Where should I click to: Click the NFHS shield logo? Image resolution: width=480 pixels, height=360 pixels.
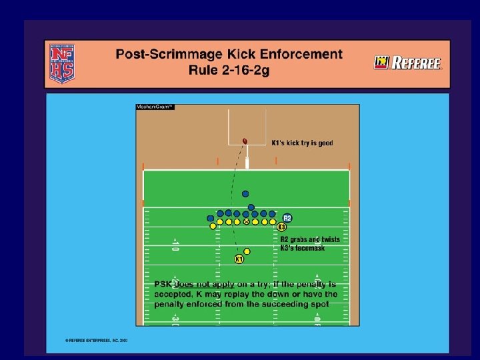[61, 63]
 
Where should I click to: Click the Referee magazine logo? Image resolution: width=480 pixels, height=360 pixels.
[407, 63]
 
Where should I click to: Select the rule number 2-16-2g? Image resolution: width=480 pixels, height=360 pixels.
[249, 71]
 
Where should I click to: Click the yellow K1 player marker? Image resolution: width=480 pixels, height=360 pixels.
[239, 258]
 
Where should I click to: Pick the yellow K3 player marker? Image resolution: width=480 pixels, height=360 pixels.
[282, 227]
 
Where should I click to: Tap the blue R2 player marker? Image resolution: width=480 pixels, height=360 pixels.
[287, 218]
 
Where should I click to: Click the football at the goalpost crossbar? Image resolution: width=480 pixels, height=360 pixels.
[245, 141]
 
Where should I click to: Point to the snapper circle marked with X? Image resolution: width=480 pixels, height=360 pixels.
[247, 221]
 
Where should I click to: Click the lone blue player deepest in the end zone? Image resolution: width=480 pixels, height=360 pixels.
[245, 194]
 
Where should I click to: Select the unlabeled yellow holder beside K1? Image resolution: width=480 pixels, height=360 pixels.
[247, 251]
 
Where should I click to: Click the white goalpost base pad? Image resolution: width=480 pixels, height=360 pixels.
[246, 163]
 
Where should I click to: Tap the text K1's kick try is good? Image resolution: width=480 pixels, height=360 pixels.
[302, 143]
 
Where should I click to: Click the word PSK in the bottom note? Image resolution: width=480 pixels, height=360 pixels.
[163, 284]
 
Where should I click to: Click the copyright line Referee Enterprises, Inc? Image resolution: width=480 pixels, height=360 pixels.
[97, 339]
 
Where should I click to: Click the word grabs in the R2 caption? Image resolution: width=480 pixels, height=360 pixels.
[303, 239]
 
